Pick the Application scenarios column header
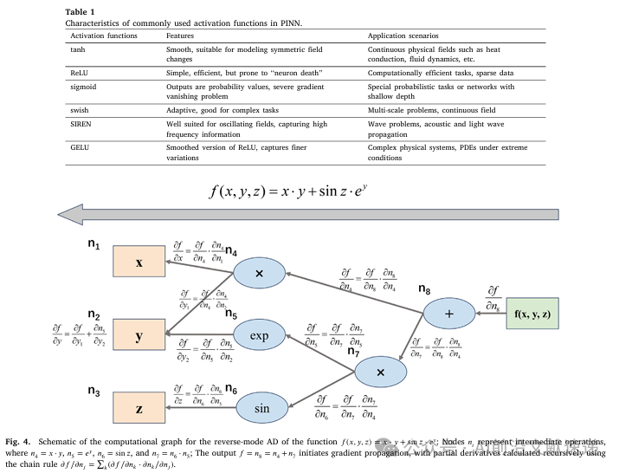pos(400,35)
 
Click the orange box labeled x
pos(139,261)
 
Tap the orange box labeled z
pos(139,406)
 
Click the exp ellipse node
pos(260,334)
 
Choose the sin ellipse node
pos(260,406)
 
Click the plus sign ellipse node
pos(448,312)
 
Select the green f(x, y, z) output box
pos(531,312)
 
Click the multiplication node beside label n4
pos(260,274)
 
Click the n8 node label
pos(424,288)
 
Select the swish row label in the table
pos(80,110)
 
